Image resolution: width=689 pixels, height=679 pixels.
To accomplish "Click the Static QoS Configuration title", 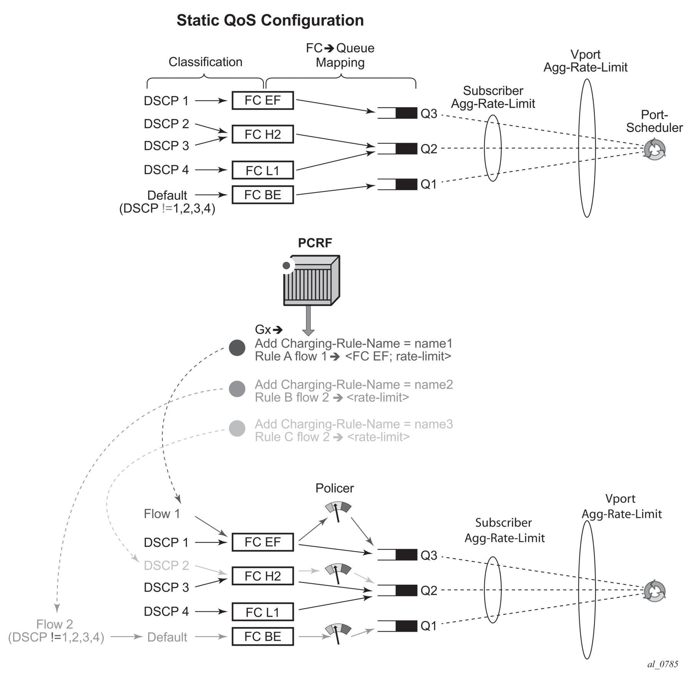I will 270,20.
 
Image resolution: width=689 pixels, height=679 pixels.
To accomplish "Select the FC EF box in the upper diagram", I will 263,100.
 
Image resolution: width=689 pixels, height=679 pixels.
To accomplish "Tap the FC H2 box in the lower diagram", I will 263,576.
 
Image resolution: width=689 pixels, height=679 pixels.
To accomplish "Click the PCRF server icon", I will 311,280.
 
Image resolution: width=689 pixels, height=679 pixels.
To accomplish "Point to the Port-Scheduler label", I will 654,121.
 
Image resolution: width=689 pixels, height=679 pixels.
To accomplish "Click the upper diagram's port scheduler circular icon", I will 654,150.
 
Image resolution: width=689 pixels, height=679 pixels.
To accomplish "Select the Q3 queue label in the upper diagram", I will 429,114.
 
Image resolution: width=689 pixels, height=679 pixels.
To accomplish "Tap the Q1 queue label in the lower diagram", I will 429,626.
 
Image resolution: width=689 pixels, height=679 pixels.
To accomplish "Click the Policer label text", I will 334,488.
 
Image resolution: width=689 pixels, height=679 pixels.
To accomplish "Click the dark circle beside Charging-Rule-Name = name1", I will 237,348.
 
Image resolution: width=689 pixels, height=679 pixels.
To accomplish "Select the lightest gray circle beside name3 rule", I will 237,429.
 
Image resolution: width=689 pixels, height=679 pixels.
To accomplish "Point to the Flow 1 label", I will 162,514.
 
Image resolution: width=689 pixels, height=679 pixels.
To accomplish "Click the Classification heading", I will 205,62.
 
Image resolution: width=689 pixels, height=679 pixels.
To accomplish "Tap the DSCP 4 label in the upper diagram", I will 166,170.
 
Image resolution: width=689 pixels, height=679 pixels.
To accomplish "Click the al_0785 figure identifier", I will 662,664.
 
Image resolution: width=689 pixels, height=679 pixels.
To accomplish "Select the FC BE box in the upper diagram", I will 263,195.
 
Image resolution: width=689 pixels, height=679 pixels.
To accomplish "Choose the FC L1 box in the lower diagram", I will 263,612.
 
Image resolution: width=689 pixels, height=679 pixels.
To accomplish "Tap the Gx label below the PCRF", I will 263,330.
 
